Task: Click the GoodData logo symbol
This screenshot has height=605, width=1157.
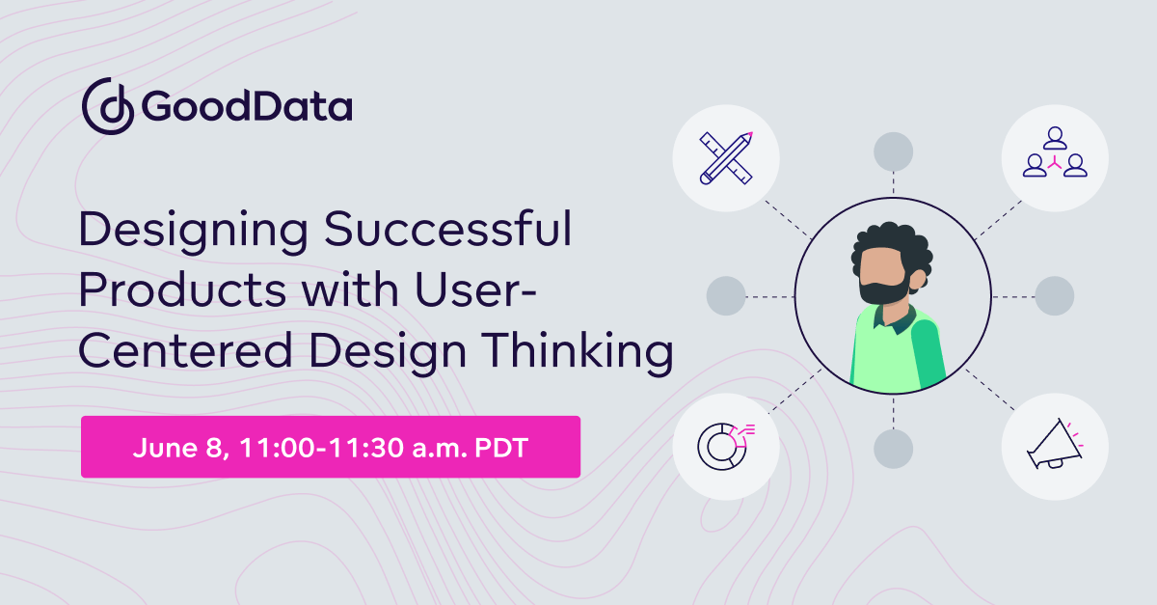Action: tap(107, 107)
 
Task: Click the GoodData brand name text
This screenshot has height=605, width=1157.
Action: tap(247, 107)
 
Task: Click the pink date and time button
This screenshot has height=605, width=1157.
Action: tap(330, 447)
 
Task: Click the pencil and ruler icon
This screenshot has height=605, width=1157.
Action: tap(725, 158)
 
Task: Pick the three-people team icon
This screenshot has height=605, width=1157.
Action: tap(1055, 158)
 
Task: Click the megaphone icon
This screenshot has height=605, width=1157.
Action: tap(1055, 445)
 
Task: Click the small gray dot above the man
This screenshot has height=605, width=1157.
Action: tap(893, 151)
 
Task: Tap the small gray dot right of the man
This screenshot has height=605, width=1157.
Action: tap(1054, 295)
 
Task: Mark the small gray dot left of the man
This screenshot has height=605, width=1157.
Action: tap(726, 295)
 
